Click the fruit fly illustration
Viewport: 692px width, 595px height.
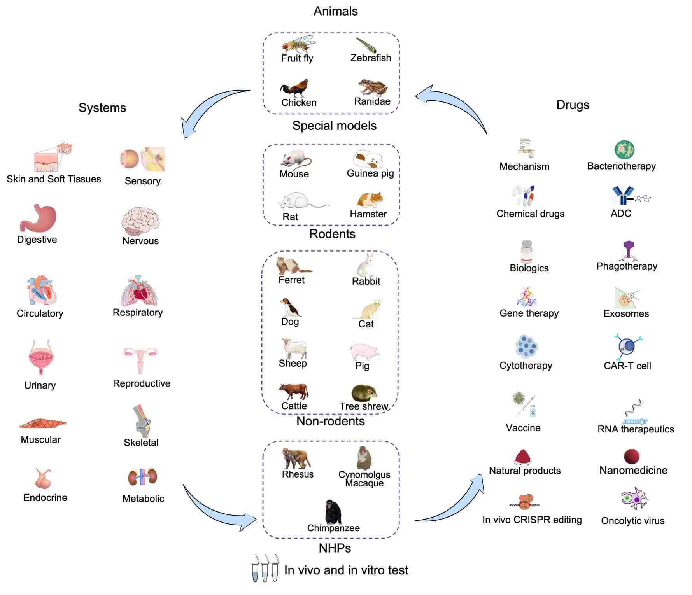click(298, 45)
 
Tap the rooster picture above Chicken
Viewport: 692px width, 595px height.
click(295, 88)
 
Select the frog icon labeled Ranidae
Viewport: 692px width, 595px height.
click(373, 87)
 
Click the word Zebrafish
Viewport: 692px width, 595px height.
click(371, 58)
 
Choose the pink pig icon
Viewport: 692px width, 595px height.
click(364, 352)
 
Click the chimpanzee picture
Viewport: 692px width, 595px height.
click(333, 511)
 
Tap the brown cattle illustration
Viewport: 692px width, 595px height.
click(294, 391)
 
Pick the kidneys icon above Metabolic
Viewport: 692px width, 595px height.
click(143, 476)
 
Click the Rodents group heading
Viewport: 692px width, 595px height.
click(332, 234)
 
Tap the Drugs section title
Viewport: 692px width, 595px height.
click(573, 105)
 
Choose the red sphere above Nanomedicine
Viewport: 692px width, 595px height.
click(632, 457)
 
